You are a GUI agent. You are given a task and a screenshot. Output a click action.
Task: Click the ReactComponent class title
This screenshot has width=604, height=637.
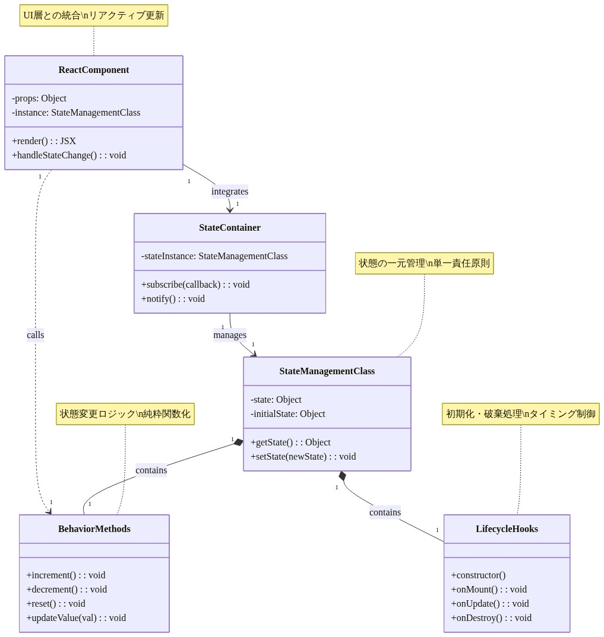coord(93,70)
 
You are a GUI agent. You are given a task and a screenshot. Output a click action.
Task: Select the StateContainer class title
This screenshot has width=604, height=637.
coord(229,228)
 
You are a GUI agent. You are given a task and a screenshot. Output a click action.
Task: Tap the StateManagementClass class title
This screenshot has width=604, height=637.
coord(327,371)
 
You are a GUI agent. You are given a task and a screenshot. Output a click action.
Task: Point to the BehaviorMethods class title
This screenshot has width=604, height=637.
coord(94,529)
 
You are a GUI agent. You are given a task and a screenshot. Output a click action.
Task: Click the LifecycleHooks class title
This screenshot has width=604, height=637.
coord(507,529)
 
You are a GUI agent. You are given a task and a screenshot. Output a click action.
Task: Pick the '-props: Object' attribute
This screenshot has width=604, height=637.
coord(39,98)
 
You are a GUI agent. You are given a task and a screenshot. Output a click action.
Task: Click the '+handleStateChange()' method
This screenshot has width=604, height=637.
coord(69,155)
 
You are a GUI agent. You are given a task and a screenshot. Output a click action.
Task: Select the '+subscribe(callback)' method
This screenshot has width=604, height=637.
coord(195,285)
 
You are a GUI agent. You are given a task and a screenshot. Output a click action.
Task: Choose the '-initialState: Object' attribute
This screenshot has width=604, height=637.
coord(287,414)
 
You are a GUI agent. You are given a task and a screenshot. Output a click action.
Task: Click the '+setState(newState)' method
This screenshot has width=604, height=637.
coord(303,457)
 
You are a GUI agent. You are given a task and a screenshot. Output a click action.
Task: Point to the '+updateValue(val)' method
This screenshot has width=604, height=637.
coord(76,618)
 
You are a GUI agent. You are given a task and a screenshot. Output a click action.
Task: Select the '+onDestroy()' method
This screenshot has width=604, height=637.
coord(491,618)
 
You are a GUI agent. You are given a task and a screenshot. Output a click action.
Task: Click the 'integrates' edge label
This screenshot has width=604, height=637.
coord(230,192)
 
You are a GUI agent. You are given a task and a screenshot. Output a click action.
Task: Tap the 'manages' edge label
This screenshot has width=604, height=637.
coord(230,335)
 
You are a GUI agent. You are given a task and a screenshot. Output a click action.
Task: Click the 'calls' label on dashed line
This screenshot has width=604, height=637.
coord(36,335)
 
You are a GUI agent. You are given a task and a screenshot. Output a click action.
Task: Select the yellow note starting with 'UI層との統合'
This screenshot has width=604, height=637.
coord(94,15)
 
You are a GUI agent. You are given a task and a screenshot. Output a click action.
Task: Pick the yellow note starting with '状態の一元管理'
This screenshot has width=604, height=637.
coord(424,263)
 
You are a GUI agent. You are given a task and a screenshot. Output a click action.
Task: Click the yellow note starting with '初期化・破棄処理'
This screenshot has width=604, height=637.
coord(520,414)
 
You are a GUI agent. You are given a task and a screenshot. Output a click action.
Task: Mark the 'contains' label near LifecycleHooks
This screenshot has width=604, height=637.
coord(385,512)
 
